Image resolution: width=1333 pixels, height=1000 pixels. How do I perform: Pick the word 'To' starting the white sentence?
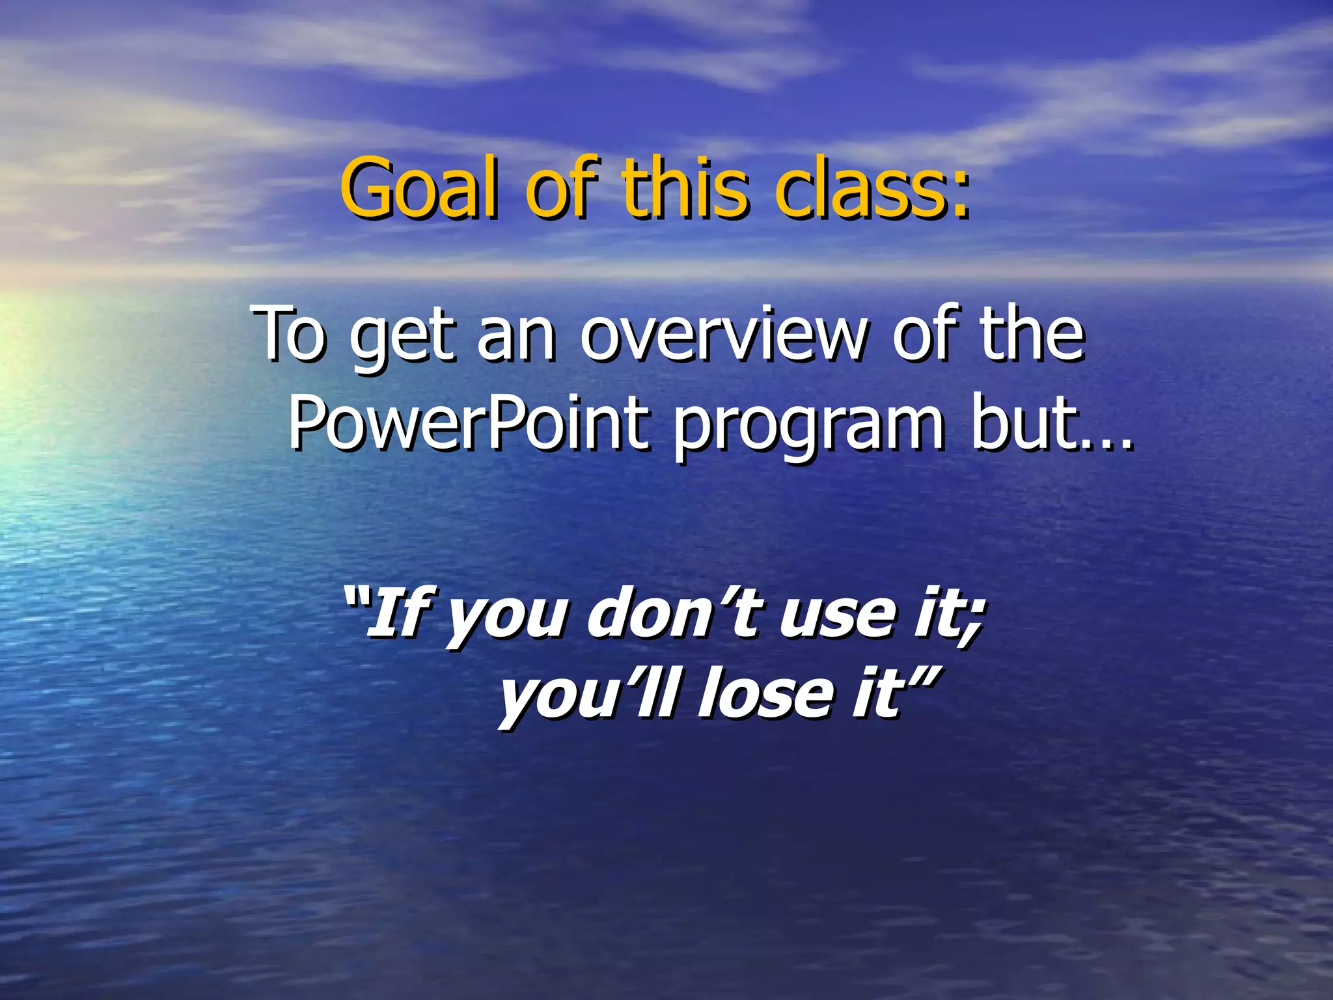pos(290,335)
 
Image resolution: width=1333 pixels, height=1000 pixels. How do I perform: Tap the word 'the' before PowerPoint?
pos(1032,335)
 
